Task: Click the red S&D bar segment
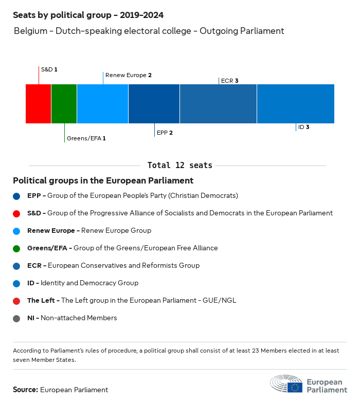(39, 104)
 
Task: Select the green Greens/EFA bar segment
(64, 104)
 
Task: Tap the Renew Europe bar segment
(103, 104)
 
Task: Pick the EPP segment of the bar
(154, 104)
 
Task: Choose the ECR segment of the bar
(219, 104)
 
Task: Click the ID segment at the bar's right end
(296, 104)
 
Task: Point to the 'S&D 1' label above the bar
(49, 69)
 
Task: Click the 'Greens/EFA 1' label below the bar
(86, 138)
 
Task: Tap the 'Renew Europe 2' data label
(128, 75)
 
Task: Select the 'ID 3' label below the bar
(303, 127)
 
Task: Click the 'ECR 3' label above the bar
(229, 81)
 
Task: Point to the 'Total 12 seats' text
(179, 165)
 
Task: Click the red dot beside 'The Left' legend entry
(17, 300)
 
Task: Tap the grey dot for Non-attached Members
(17, 318)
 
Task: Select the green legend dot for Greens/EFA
(17, 248)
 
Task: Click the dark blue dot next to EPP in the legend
(17, 196)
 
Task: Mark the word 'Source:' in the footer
(25, 390)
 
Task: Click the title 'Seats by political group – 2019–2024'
(88, 15)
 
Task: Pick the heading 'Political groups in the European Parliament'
(103, 180)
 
